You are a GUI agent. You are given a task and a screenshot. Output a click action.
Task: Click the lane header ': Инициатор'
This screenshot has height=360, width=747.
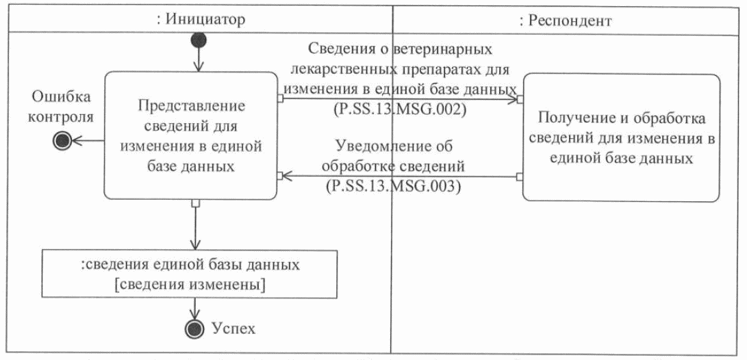pos(197,20)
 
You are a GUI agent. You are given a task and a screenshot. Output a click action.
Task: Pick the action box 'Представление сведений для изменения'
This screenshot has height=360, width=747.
pos(191,137)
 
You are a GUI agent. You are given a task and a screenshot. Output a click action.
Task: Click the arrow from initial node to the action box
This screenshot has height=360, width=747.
pos(197,60)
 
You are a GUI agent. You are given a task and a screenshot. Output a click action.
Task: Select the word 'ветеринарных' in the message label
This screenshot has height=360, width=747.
pos(446,50)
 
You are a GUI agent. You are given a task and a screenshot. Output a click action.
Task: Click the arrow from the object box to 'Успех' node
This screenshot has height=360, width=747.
pos(197,307)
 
